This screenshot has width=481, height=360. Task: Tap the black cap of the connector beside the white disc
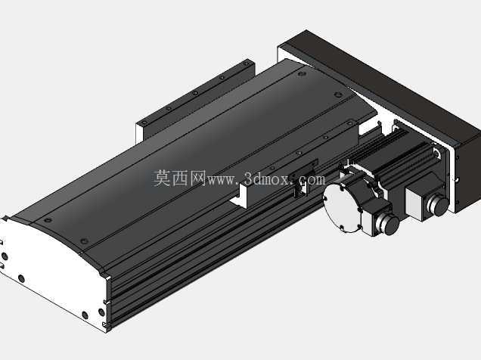pos(392,225)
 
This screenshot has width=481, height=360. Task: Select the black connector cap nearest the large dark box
pos(439,205)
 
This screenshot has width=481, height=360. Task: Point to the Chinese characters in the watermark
pos(179,178)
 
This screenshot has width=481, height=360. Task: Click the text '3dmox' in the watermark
pos(265,178)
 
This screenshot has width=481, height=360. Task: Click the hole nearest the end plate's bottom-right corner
pos(101,312)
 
